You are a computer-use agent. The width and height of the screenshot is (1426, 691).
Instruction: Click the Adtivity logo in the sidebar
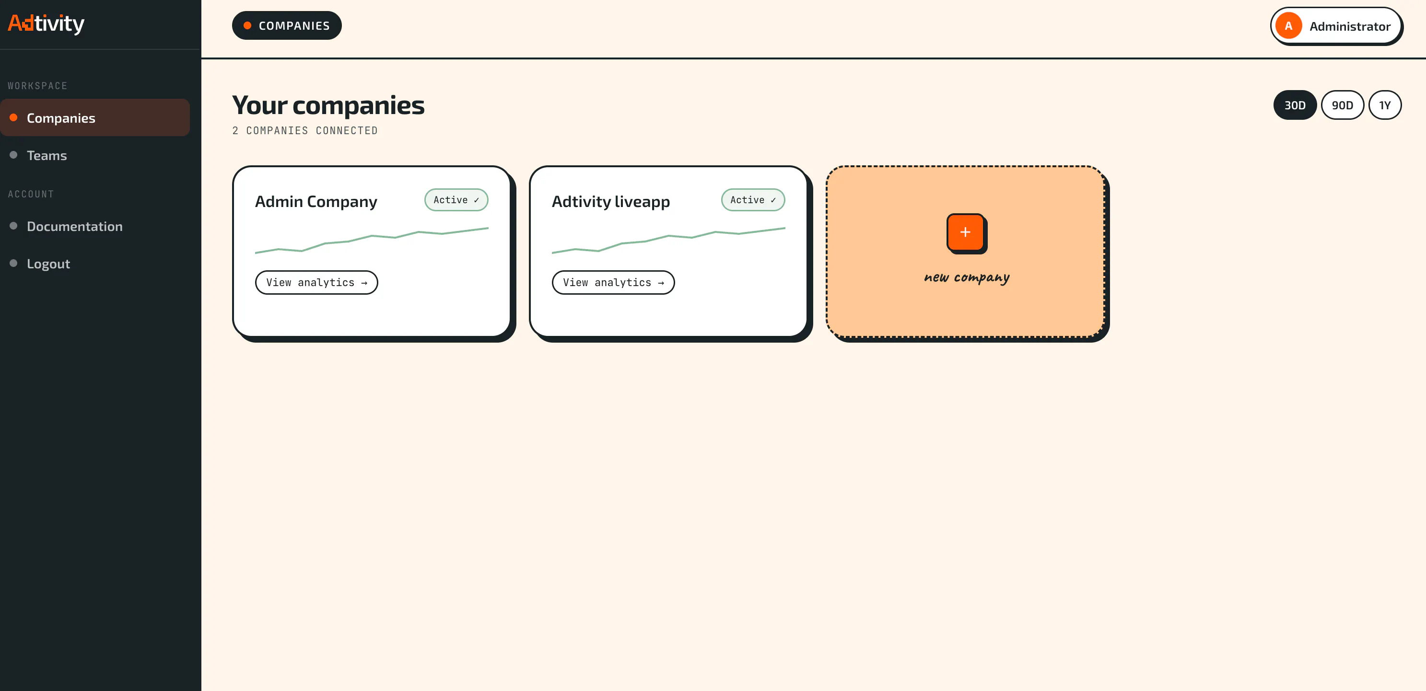point(46,24)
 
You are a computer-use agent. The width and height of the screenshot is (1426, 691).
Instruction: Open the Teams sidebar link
point(47,155)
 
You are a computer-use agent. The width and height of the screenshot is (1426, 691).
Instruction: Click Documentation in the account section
point(75,226)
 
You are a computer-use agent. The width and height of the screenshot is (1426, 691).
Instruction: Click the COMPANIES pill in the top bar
point(287,25)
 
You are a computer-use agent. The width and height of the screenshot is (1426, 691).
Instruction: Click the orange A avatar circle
point(1289,26)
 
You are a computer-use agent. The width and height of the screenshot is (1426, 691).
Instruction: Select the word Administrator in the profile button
point(1350,26)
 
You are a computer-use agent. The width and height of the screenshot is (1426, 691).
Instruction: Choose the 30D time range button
point(1295,105)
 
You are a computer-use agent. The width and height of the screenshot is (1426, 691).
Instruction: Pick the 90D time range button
point(1343,105)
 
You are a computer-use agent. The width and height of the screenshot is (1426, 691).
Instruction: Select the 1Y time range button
point(1385,105)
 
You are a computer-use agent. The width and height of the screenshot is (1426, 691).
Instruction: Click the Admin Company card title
point(316,201)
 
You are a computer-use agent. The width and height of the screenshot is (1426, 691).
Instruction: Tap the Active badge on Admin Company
point(456,200)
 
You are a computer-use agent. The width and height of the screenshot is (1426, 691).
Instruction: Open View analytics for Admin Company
point(316,283)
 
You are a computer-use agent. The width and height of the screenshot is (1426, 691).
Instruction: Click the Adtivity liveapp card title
point(610,201)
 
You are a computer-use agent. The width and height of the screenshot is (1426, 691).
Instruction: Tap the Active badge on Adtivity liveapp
point(753,200)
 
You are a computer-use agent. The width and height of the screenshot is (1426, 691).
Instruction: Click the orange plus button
point(965,232)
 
